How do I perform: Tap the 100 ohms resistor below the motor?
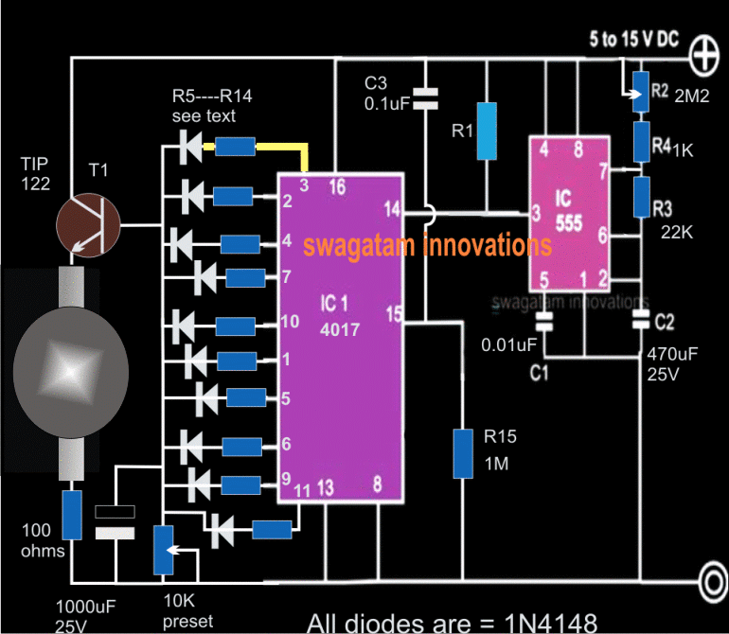pyautogui.click(x=72, y=515)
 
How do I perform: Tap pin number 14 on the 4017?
pyautogui.click(x=392, y=207)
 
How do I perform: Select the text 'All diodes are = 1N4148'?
pyautogui.click(x=453, y=622)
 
